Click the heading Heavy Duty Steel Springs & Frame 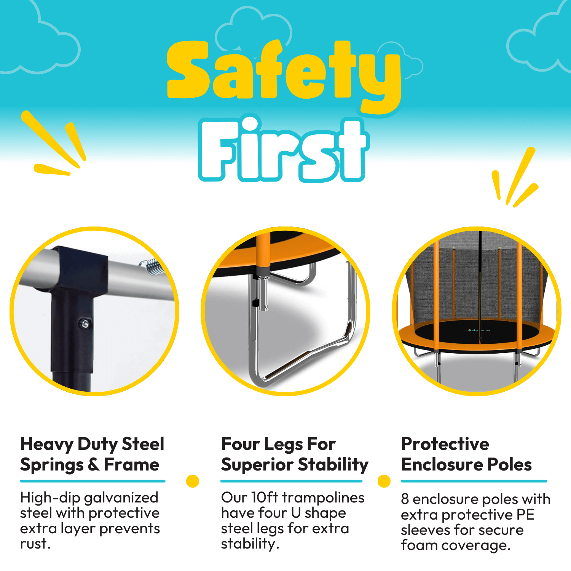click(x=92, y=455)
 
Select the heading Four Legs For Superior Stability click(x=295, y=455)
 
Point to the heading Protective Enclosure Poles click(x=466, y=454)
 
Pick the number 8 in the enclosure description click(x=405, y=499)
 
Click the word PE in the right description click(x=525, y=515)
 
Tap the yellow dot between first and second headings click(x=193, y=481)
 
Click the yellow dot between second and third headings click(x=384, y=481)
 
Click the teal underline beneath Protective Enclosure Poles click(x=474, y=481)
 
